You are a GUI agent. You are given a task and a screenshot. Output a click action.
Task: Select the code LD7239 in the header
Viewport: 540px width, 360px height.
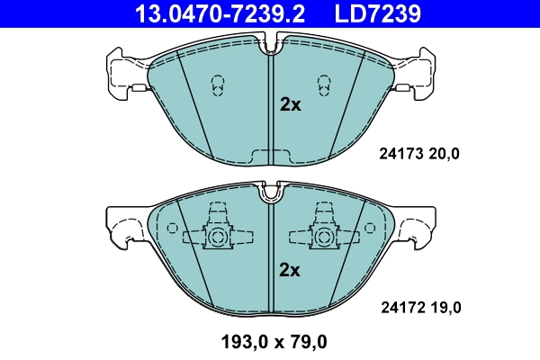(x=379, y=13)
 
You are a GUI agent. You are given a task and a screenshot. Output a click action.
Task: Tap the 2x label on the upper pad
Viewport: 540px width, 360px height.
(x=289, y=104)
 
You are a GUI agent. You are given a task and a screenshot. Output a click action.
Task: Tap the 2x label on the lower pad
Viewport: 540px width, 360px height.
(x=289, y=269)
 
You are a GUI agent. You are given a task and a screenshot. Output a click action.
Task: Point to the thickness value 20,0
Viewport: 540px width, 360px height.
(x=443, y=154)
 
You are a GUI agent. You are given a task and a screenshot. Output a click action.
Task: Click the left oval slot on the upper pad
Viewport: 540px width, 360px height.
(x=217, y=85)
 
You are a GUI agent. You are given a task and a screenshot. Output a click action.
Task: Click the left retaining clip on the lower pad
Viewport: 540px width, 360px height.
(x=216, y=233)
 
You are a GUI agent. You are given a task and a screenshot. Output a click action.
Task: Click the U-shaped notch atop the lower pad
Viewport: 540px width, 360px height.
(x=270, y=192)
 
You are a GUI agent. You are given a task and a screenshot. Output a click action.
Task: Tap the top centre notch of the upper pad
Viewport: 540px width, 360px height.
(x=271, y=43)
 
